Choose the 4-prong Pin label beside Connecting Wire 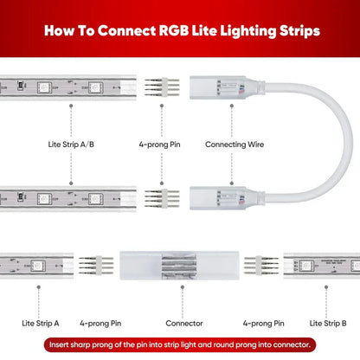point(160,146)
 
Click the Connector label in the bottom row point(180,324)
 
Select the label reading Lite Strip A point(41,324)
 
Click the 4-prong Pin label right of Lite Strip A point(100,324)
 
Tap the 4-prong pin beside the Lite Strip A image point(94,267)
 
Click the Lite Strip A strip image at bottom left point(35,267)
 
